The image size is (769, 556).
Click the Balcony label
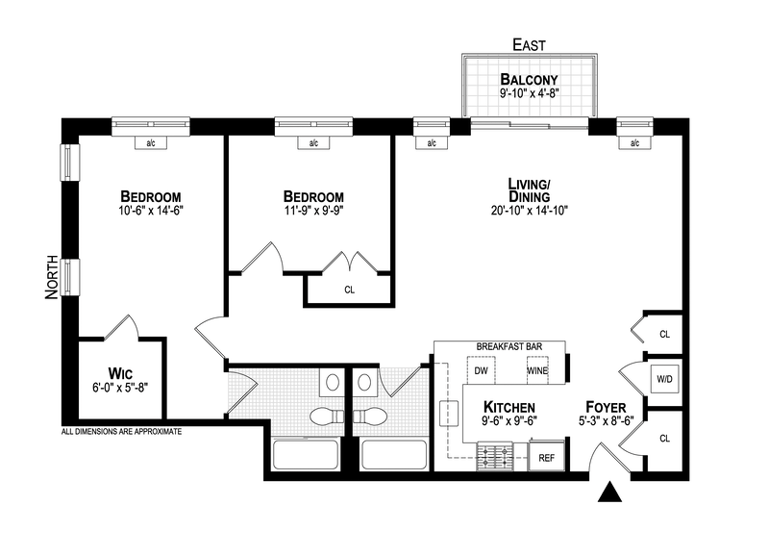529,79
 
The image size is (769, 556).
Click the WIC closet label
120,372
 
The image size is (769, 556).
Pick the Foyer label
608,406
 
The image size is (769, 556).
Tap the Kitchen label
509,406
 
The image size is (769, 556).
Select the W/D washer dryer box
664,378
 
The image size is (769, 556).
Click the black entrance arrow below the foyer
609,493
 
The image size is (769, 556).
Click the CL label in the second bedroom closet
349,289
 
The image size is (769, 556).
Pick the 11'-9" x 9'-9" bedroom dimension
313,210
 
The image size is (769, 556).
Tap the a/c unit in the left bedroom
151,143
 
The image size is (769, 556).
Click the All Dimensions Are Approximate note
121,432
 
